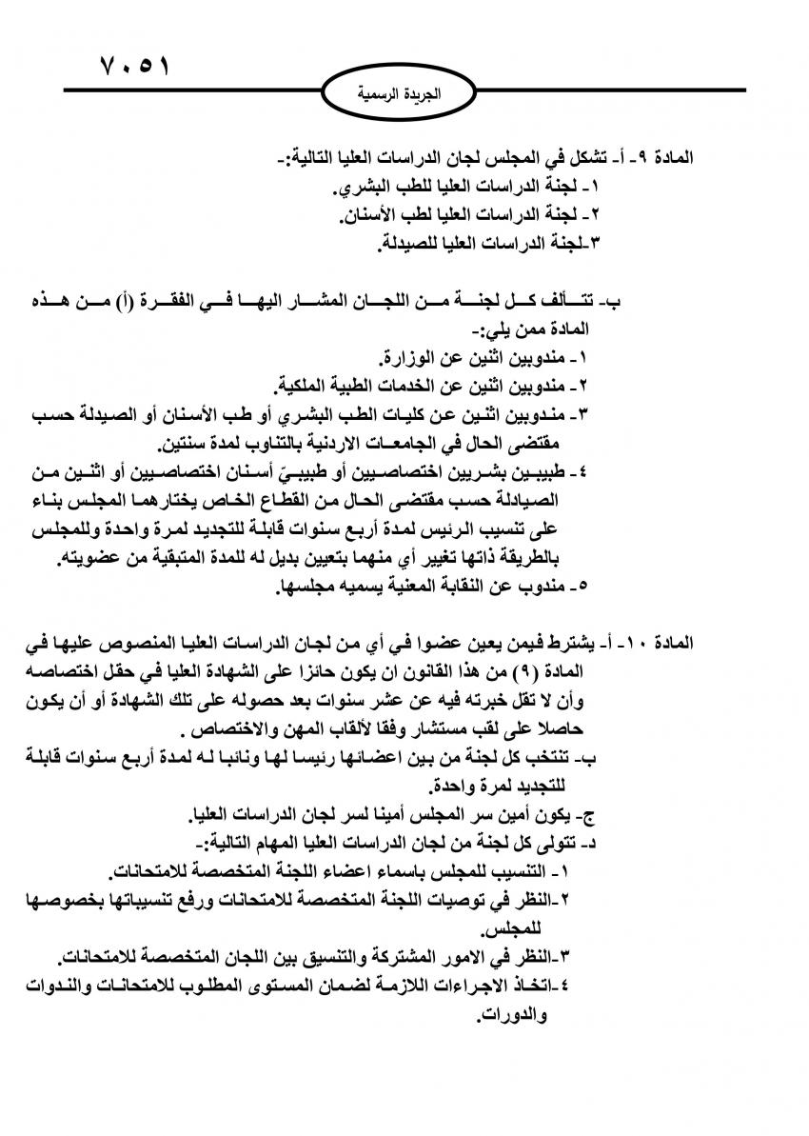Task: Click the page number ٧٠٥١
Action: coord(134,70)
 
